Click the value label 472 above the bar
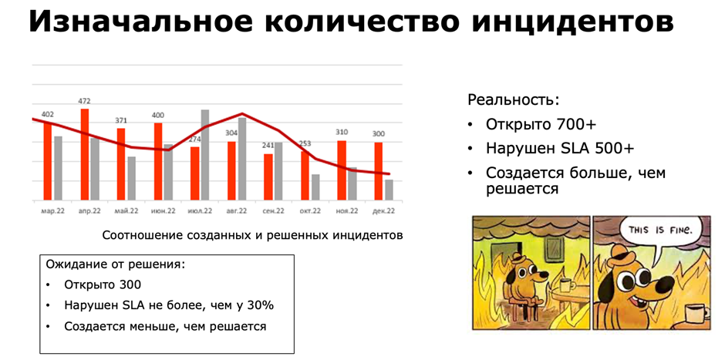pos(85,101)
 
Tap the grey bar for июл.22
pos(205,155)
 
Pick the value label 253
pos(305,144)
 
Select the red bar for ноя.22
pos(342,170)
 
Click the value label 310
pos(342,133)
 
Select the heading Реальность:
pos(513,100)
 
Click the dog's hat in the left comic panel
pos(522,254)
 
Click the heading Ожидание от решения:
pos(116,264)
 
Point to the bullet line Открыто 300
pos(102,284)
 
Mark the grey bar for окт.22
pos(315,187)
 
